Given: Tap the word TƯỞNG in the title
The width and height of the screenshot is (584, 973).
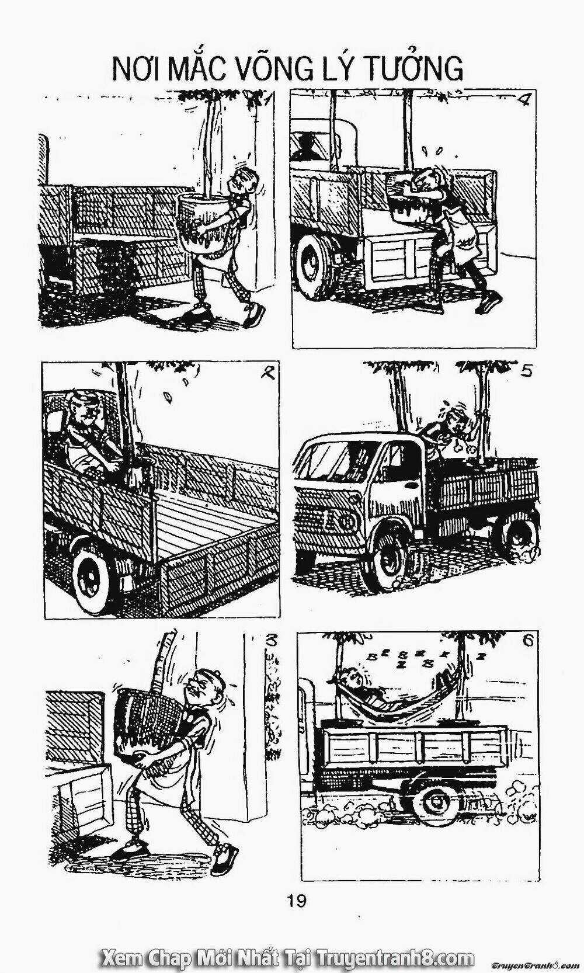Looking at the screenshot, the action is pos(416,68).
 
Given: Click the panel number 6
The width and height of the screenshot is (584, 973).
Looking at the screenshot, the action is pos(530,642).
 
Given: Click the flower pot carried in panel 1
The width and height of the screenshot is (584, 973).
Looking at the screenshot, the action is pos(203,225).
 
